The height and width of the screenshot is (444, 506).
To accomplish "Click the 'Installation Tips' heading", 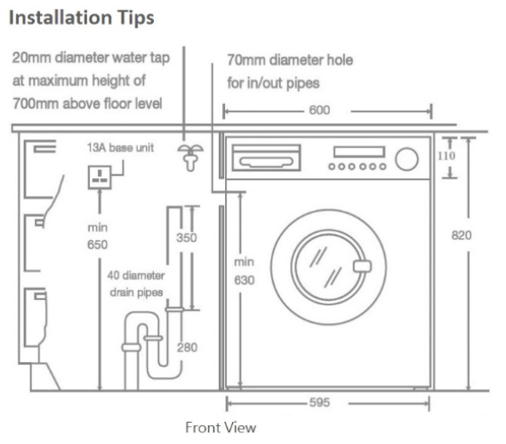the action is pos(81,18).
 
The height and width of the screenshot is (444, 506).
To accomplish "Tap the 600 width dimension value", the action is pos(319,110).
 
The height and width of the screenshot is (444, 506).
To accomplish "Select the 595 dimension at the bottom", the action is pos(319,402).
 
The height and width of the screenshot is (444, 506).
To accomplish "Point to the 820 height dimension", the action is pos(462,235).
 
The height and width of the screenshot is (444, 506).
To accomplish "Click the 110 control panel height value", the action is pos(446,156).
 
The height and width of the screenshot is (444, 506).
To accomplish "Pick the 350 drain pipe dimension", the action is pos(187,238).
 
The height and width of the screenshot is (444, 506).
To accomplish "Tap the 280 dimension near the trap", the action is pos(187,347).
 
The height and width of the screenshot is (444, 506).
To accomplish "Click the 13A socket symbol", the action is pos(100,178).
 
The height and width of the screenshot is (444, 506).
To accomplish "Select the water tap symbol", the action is pos(190,157).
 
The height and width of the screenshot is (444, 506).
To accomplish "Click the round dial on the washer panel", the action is pos(407,159).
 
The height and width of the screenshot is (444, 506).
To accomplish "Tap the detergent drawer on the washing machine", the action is pos(266,157).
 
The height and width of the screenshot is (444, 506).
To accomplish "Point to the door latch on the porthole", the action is pos(362,266).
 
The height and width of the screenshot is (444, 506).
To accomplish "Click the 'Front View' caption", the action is pos(221,427).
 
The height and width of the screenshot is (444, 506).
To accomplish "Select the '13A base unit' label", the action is pos(120,147).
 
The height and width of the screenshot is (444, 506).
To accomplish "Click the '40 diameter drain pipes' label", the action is pos(136,284).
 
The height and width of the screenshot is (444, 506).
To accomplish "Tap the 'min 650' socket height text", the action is pos(98,236).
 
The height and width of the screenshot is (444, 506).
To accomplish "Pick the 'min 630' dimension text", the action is pos(245,271).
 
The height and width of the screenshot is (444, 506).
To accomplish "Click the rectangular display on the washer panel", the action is pos(359,152).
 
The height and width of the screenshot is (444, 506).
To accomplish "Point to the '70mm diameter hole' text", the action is pos(290,60).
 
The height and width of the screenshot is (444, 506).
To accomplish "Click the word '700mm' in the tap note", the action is pos(36,104).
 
